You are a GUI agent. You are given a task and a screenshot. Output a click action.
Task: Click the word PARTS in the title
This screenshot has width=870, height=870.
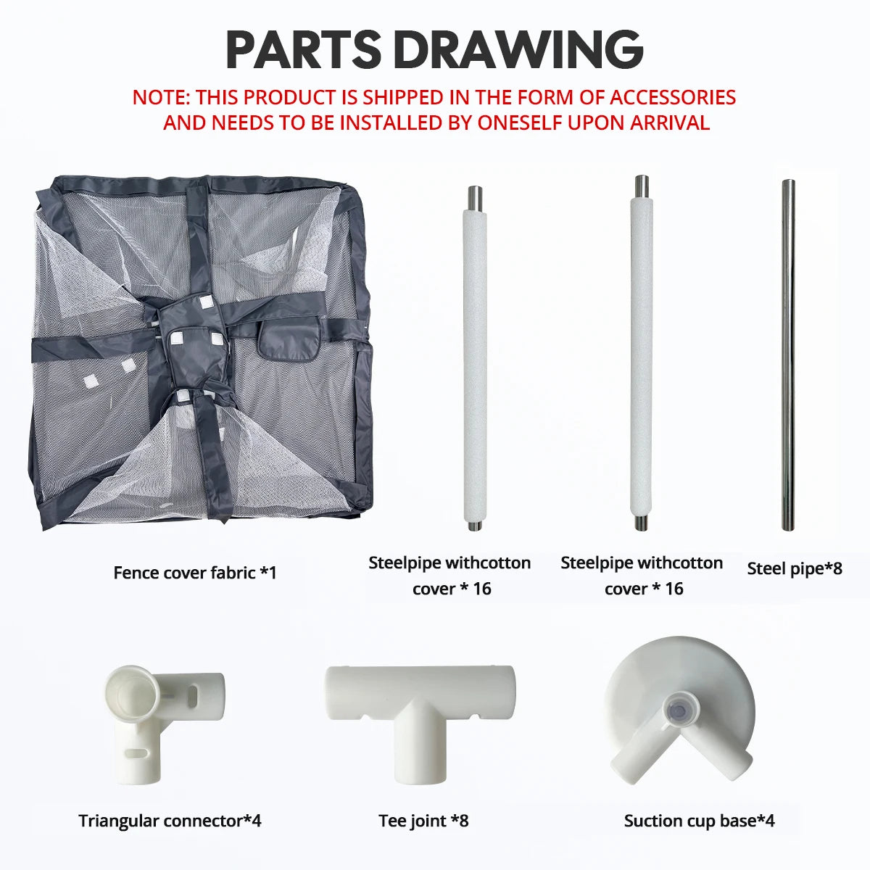303,49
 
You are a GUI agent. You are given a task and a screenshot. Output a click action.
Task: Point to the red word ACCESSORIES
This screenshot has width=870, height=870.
673,98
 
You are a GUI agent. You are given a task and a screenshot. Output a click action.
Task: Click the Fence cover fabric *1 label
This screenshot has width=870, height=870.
194,573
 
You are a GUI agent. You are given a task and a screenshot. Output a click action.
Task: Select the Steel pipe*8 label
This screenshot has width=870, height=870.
795,568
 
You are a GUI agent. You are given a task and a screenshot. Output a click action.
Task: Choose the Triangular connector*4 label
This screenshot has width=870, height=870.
170,820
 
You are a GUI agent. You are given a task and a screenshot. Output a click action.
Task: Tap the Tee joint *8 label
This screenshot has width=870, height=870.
423,820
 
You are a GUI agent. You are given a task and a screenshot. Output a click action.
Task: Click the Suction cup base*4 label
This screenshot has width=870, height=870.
700,820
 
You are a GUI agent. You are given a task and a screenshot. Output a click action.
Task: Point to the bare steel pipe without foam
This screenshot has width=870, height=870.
788,355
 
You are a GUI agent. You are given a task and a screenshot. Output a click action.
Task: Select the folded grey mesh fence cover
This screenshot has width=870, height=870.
201,352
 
